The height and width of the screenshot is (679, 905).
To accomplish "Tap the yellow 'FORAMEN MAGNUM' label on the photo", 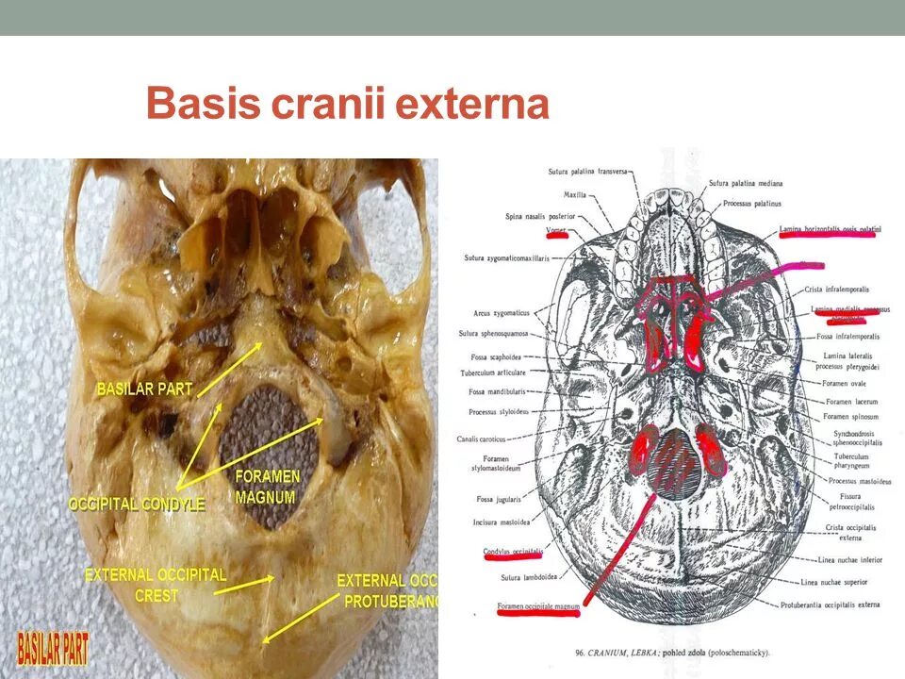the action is pyautogui.click(x=267, y=487).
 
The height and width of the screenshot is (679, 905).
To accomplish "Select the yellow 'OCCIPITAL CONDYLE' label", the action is pyautogui.click(x=137, y=505).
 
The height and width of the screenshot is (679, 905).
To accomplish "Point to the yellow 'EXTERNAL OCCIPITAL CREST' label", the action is pyautogui.click(x=156, y=584).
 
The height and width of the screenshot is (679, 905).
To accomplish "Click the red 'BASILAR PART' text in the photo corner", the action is pyautogui.click(x=54, y=649).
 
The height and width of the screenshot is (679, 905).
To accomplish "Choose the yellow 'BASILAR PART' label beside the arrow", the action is pyautogui.click(x=144, y=389).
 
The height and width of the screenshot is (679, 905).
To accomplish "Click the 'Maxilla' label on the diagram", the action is pyautogui.click(x=575, y=195).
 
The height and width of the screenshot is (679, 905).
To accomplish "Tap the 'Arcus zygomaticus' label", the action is pyautogui.click(x=502, y=313).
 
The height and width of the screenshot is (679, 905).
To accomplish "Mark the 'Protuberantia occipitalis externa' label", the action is pyautogui.click(x=830, y=604).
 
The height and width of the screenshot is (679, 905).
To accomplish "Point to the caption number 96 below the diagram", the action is pyautogui.click(x=579, y=652).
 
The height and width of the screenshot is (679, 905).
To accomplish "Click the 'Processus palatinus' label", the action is pyautogui.click(x=754, y=203).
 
